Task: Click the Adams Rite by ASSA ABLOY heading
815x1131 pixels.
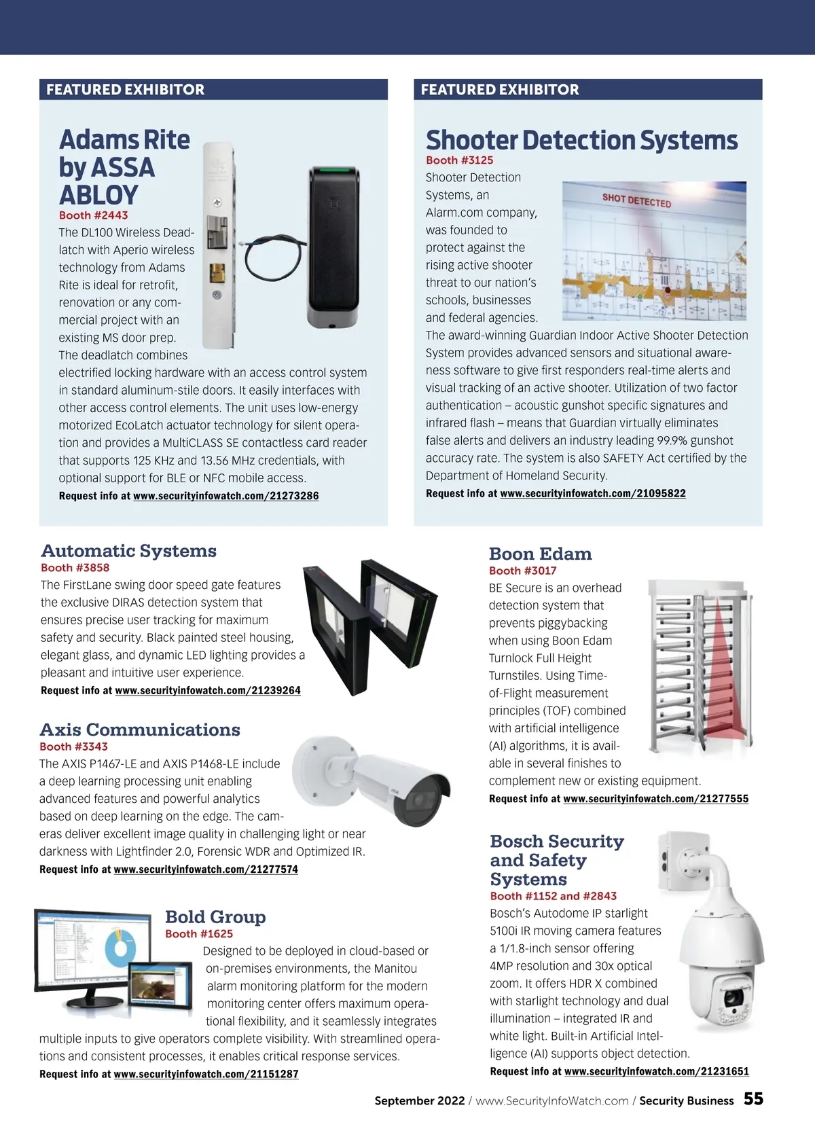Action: (124, 167)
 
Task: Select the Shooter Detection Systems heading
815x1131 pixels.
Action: (581, 140)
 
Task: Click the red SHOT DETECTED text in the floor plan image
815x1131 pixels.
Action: (636, 200)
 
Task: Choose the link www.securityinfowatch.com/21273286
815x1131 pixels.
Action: (225, 496)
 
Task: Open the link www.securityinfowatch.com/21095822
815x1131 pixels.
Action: (592, 493)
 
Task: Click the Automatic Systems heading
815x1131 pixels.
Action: (128, 551)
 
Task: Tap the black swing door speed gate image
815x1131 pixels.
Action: (370, 625)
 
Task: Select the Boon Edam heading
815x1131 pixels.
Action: (540, 554)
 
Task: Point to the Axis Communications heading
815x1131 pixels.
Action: (140, 730)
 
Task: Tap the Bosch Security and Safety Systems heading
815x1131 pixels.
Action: (556, 860)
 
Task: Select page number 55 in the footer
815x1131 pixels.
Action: (753, 1099)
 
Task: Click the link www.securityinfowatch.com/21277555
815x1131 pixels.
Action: (655, 799)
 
